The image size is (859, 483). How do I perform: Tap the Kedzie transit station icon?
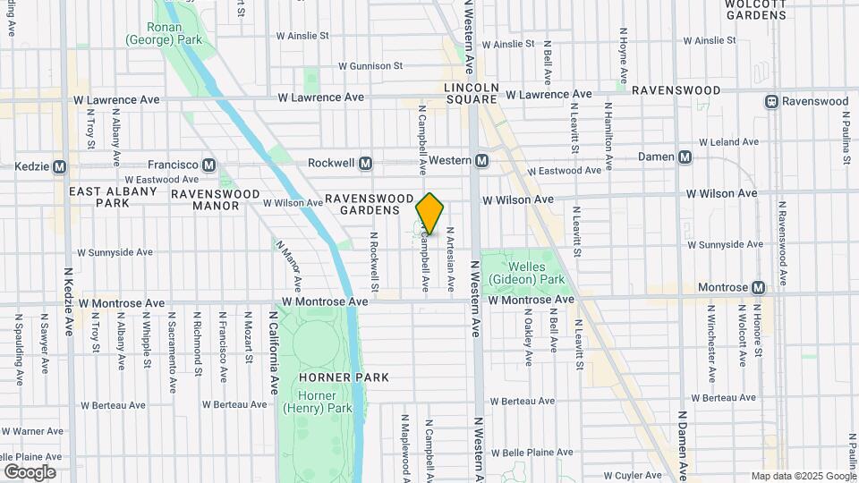tap(60, 166)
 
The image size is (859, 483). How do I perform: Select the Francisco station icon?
tap(208, 165)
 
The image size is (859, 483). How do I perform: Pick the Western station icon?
tap(481, 160)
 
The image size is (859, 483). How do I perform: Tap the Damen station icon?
tap(685, 157)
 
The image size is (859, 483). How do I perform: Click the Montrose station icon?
tap(759, 287)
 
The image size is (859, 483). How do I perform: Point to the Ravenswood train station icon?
tap(770, 101)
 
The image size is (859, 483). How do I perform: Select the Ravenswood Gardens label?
tap(369, 204)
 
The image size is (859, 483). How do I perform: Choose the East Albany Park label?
tap(101, 197)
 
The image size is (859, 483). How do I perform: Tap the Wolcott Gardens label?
tap(755, 9)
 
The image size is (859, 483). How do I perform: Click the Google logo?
tap(30, 471)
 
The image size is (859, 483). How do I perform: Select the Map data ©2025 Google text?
tap(804, 476)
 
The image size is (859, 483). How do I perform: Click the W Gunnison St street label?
tap(370, 66)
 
